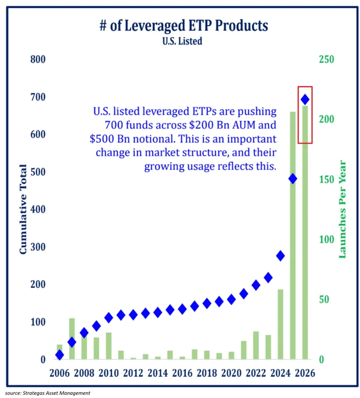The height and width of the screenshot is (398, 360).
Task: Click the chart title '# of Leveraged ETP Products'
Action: tap(184, 25)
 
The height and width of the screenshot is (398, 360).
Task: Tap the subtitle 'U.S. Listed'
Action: tap(182, 41)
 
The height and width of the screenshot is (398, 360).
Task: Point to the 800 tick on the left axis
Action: tap(38, 59)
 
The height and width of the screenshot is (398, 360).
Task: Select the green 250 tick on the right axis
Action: tap(326, 59)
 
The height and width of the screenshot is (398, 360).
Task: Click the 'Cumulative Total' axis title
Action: tap(23, 209)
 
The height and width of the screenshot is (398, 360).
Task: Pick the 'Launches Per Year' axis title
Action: tap(342, 209)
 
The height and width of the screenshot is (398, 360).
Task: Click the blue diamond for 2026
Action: tap(305, 99)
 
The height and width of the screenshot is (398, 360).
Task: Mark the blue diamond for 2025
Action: tap(293, 179)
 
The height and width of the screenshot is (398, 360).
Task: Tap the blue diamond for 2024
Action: tap(280, 256)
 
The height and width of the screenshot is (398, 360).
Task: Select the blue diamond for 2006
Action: tap(59, 355)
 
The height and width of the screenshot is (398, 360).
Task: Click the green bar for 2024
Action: tap(280, 324)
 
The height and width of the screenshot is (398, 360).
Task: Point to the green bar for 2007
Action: tap(72, 339)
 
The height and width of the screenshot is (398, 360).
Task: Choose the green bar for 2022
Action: tap(256, 345)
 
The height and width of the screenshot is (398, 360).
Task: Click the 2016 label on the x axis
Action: tap(182, 373)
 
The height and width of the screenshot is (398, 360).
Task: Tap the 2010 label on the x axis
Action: tap(109, 373)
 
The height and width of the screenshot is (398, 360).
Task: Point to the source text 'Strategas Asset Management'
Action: tap(56, 393)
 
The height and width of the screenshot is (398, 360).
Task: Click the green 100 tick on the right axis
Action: tap(326, 239)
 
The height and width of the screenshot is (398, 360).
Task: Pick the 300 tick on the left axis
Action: tap(38, 247)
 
